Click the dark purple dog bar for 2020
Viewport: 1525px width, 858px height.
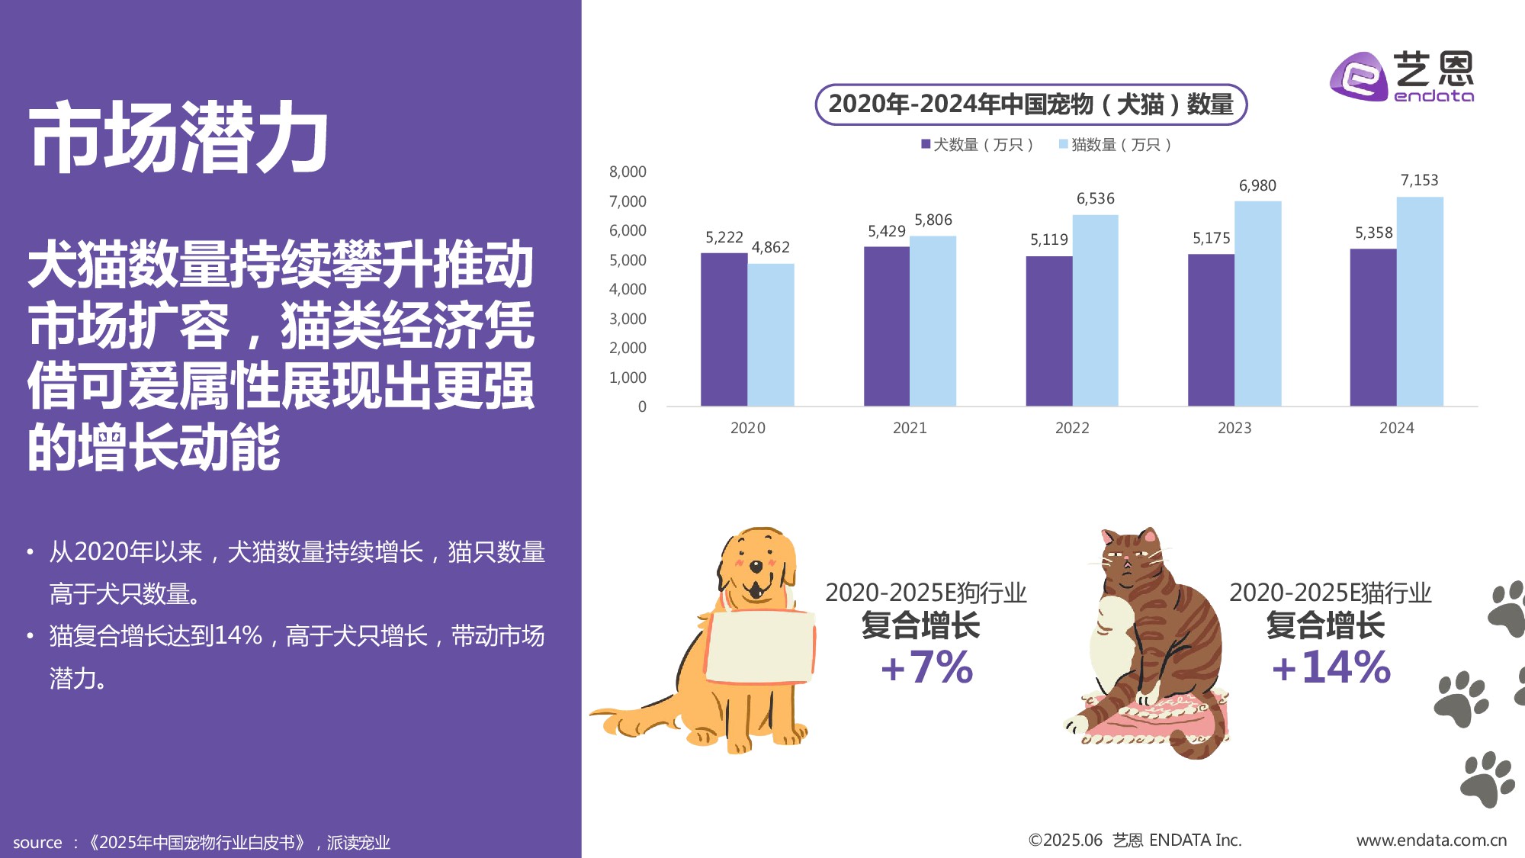tap(724, 329)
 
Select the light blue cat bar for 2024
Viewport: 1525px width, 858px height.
tap(1419, 301)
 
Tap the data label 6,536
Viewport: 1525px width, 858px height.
tap(1095, 199)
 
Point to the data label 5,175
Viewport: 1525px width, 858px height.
tap(1211, 239)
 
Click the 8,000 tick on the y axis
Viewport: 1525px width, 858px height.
tap(627, 172)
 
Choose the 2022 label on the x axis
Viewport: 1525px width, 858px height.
tap(1071, 428)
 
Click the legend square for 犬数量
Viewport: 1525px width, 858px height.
tap(926, 144)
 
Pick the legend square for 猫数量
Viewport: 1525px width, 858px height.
tap(1063, 144)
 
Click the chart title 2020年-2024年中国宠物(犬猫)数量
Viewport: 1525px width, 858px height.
tap(1030, 104)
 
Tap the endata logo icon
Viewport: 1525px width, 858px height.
tap(1358, 76)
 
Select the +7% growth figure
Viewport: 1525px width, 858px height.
tap(926, 667)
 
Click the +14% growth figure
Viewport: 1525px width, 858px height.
tap(1331, 667)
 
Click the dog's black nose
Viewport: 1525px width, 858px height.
tap(755, 567)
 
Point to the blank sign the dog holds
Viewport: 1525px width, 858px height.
tap(759, 645)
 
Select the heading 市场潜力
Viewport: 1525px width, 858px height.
tap(178, 138)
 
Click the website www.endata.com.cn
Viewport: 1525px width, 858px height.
tap(1430, 840)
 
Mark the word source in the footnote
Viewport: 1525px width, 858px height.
tap(37, 843)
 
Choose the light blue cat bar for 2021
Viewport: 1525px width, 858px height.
tap(933, 321)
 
